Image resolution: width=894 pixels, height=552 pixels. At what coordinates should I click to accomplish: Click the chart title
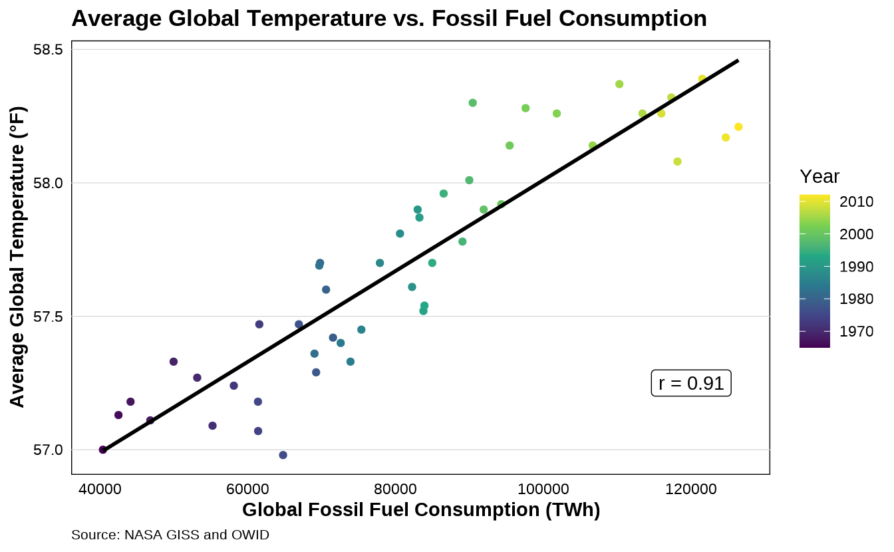click(389, 19)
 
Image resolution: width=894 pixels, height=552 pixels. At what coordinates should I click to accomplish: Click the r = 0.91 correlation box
click(691, 384)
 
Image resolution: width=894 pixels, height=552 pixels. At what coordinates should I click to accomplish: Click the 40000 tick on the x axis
click(100, 489)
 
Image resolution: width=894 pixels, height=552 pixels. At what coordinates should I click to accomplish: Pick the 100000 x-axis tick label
click(543, 489)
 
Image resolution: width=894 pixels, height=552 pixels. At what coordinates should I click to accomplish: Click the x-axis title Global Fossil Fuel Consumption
click(421, 510)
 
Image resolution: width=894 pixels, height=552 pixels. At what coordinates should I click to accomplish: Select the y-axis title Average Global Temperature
click(17, 257)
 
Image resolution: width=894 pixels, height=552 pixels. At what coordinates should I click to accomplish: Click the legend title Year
click(819, 177)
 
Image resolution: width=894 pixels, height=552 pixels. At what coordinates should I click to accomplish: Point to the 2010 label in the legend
click(855, 202)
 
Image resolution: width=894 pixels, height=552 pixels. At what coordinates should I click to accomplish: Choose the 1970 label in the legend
click(855, 331)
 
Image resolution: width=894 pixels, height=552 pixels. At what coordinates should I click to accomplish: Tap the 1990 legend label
click(855, 267)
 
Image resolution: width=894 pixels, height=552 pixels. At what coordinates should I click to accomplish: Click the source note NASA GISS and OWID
click(170, 535)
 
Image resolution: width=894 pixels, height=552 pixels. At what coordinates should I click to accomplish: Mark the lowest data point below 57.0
click(283, 455)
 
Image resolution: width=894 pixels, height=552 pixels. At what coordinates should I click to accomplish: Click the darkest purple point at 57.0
click(103, 450)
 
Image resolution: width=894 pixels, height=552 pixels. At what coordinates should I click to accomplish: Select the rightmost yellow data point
click(738, 127)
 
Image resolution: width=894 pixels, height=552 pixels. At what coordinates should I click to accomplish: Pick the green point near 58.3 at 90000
click(473, 103)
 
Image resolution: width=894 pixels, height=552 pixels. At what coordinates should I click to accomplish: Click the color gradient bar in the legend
click(815, 271)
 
